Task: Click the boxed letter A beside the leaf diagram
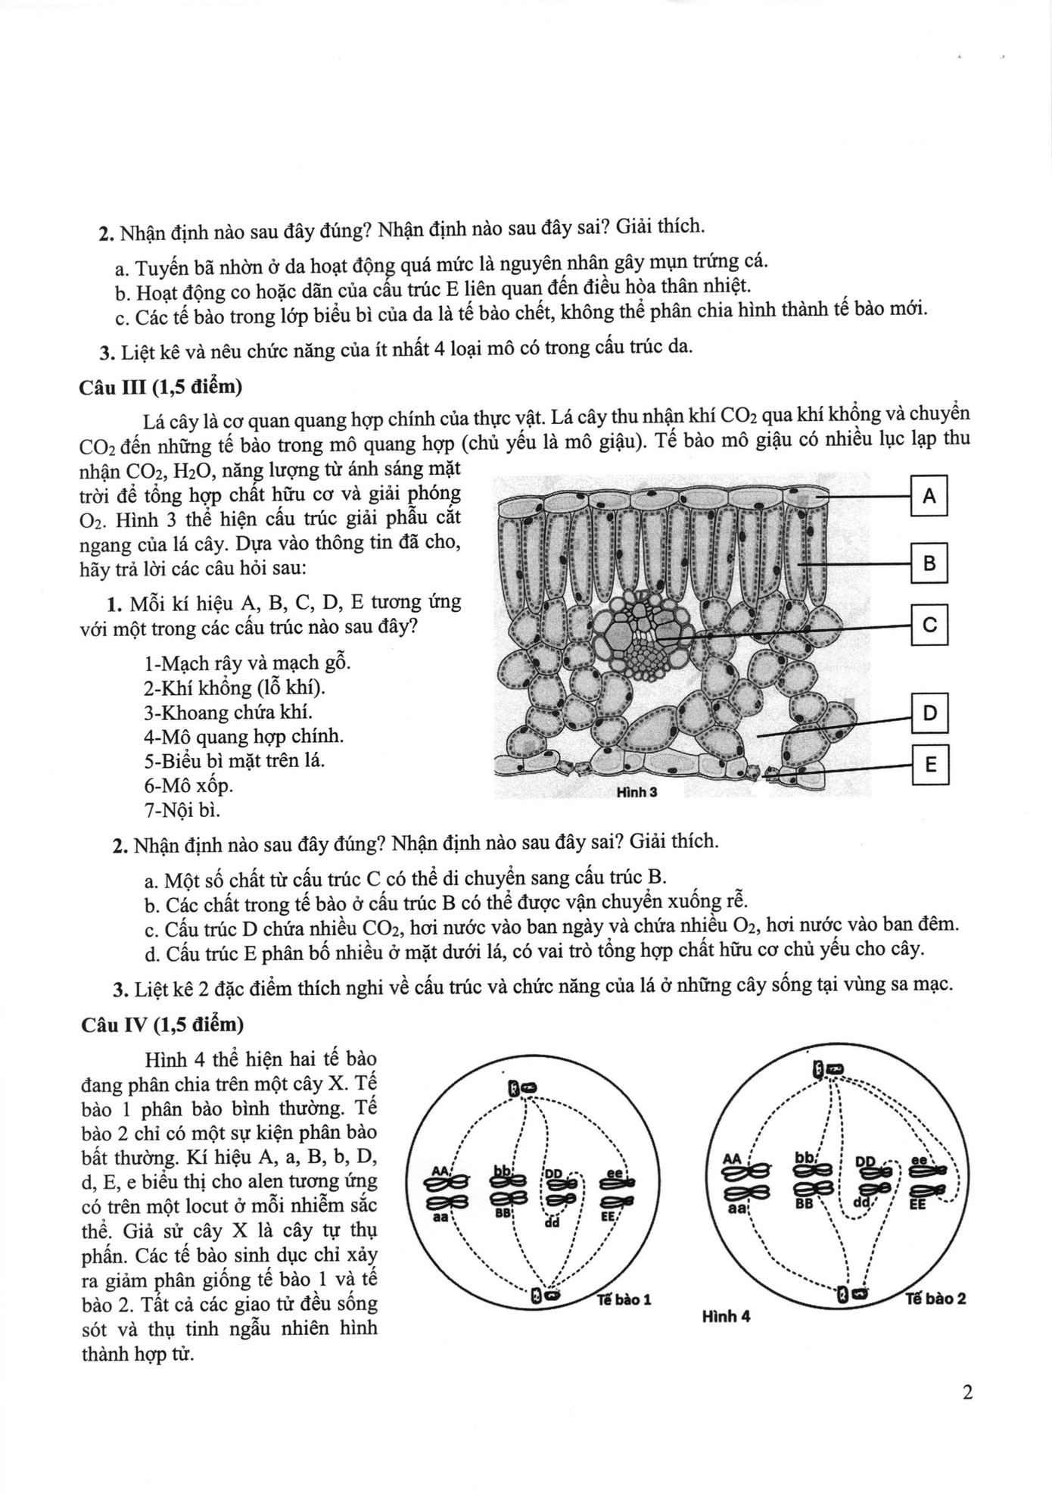(x=929, y=496)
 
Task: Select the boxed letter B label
(x=929, y=563)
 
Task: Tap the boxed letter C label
(x=930, y=625)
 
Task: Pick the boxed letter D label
(x=930, y=713)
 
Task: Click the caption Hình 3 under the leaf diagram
(x=636, y=792)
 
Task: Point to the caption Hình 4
(x=726, y=1316)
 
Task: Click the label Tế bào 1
(x=624, y=1299)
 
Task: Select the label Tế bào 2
(x=935, y=1298)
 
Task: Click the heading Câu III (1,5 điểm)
(x=160, y=387)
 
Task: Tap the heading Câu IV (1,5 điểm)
(x=162, y=1025)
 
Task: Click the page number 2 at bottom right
(x=966, y=1393)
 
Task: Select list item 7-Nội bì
(x=182, y=810)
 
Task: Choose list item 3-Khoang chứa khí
(x=217, y=712)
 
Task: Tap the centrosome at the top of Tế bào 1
(x=521, y=1088)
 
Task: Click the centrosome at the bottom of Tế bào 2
(x=850, y=1296)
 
